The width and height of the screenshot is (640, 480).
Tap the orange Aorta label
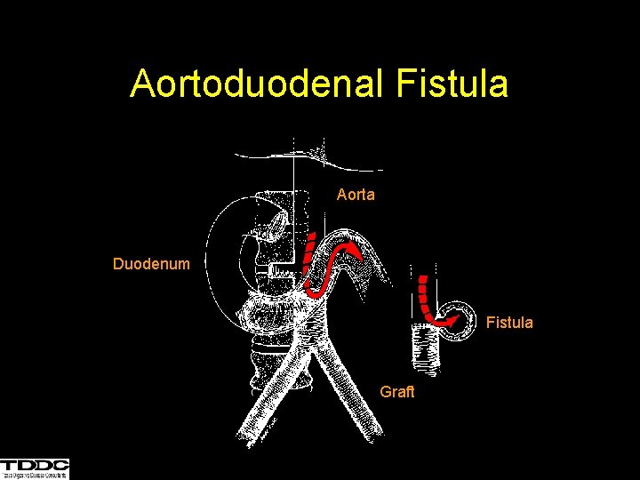click(x=356, y=194)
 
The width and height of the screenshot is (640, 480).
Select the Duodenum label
click(x=151, y=264)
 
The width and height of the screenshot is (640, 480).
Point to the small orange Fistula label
click(x=509, y=323)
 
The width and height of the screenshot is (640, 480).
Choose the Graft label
click(x=397, y=391)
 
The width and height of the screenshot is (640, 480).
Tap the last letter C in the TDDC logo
click(x=60, y=465)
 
